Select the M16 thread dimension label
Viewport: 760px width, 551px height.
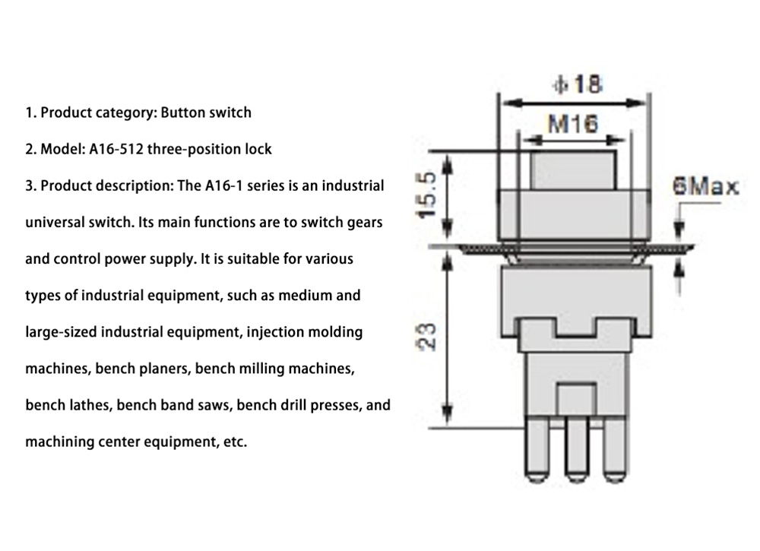572,124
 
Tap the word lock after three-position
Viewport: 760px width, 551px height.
258,149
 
